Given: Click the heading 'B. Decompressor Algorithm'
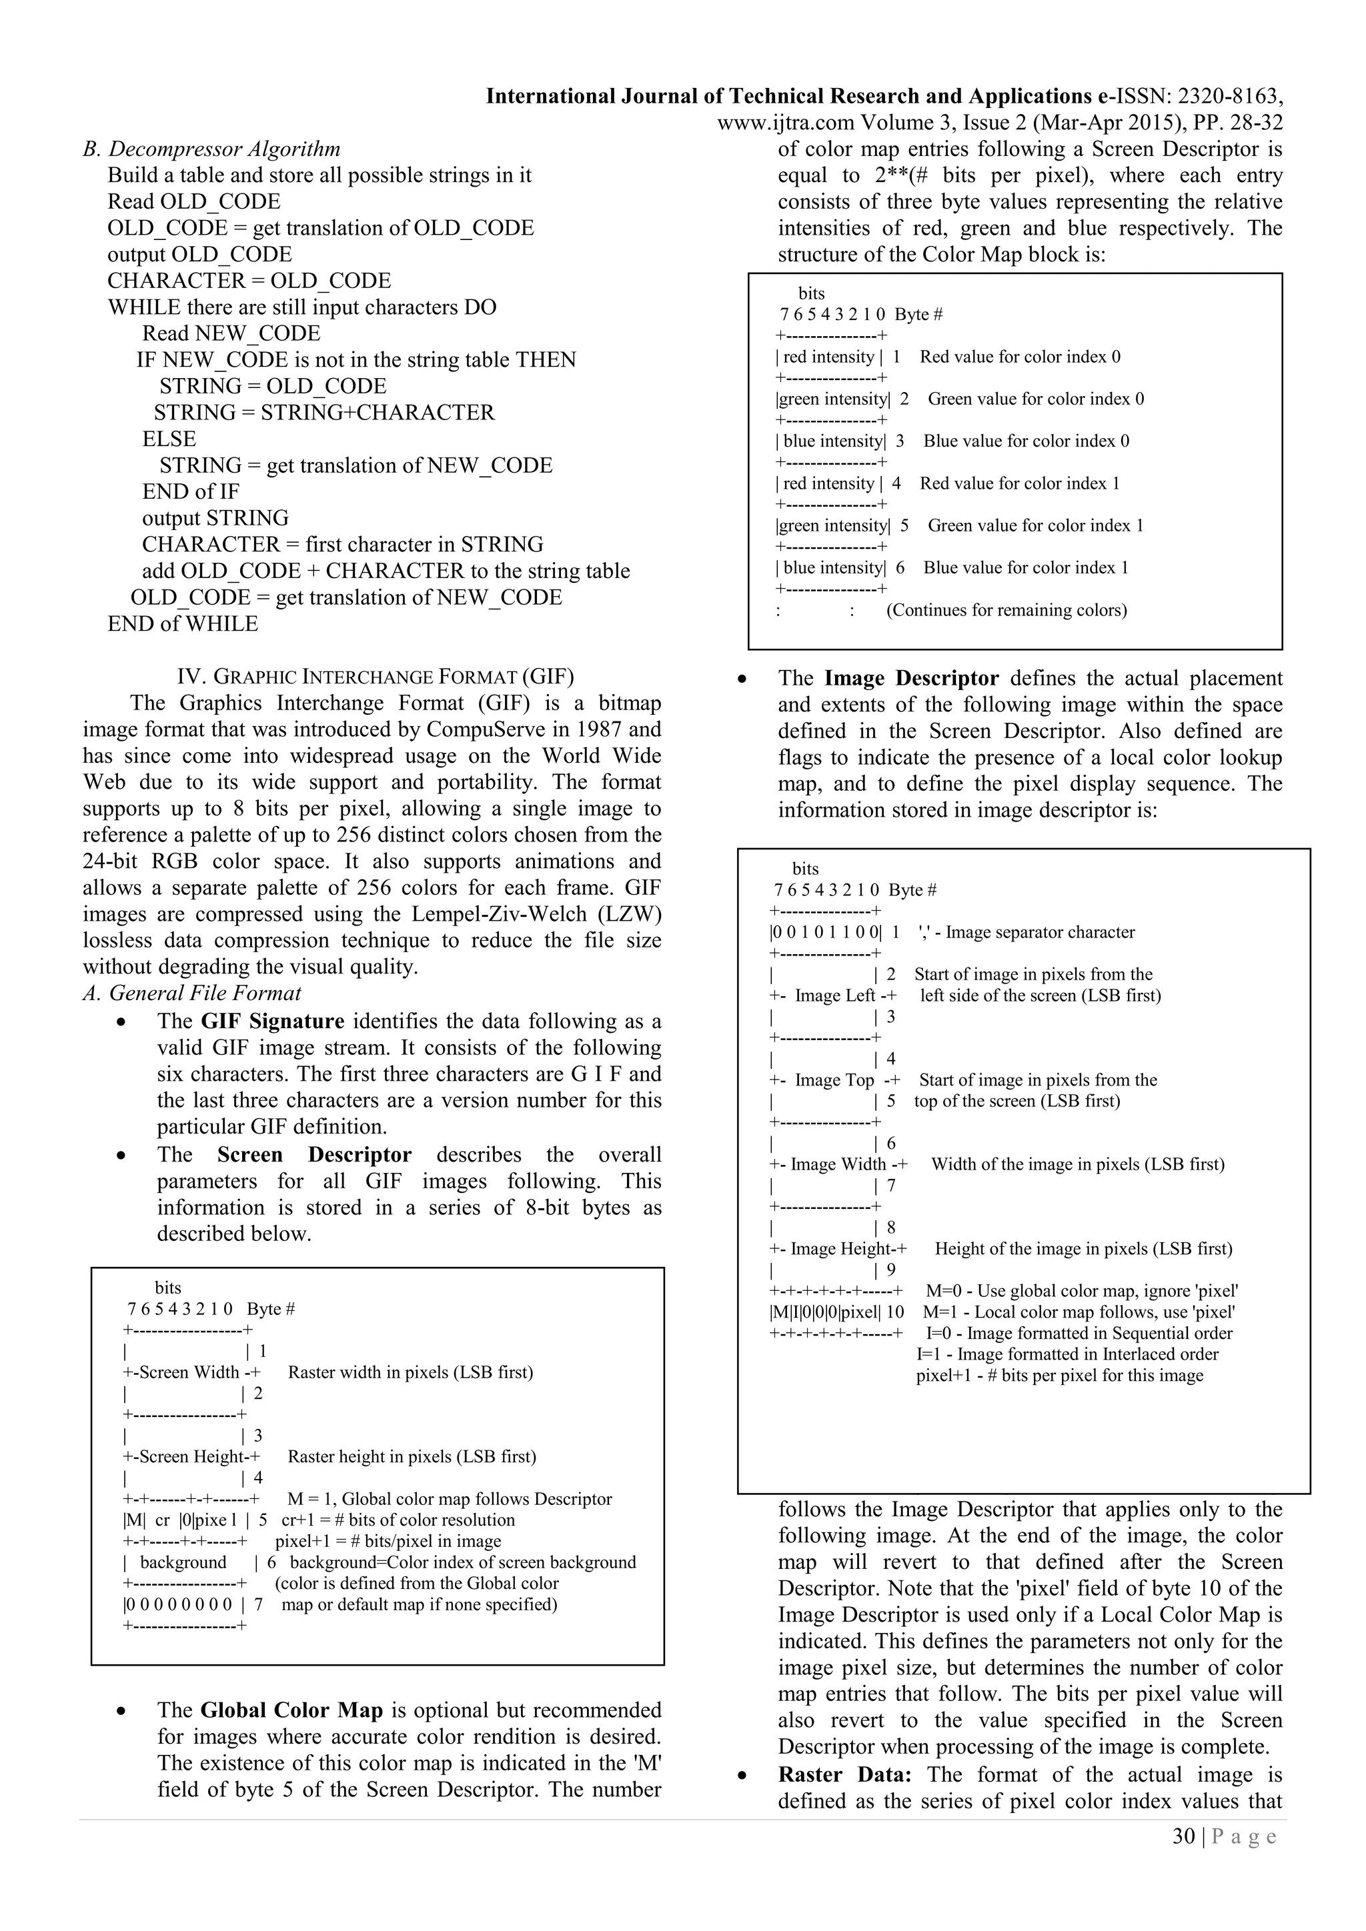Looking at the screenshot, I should click(211, 150).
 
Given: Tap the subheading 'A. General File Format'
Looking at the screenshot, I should click(192, 994).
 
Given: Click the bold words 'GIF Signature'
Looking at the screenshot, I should click(273, 1021).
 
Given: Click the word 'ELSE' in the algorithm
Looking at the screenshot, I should click(169, 439).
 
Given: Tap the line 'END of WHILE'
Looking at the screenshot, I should click(183, 624).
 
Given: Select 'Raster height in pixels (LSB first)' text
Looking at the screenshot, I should click(412, 1457).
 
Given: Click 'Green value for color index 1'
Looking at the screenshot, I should click(1035, 525).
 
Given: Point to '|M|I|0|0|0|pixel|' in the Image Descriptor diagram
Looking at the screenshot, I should click(825, 1312).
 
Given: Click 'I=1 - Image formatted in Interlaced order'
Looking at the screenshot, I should click(1067, 1354).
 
